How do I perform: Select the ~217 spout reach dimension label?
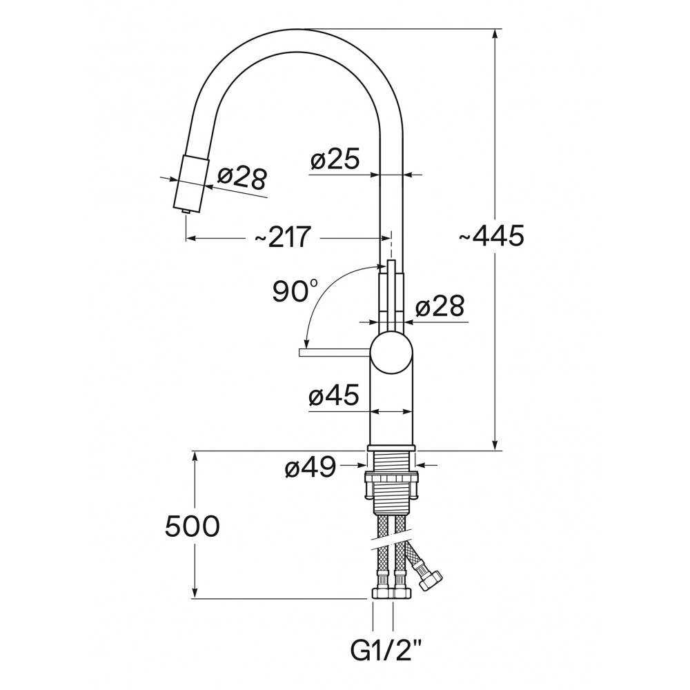tap(283, 237)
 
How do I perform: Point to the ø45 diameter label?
tap(334, 395)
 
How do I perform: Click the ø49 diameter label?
tap(310, 467)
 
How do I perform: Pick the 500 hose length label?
tap(193, 526)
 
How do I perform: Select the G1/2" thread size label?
tap(386, 650)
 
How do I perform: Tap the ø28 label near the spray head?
tap(242, 178)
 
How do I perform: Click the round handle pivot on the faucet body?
tap(392, 354)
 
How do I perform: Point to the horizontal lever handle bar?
tap(335, 353)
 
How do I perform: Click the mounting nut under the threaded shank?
tap(391, 485)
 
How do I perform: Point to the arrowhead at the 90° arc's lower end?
tap(307, 342)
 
